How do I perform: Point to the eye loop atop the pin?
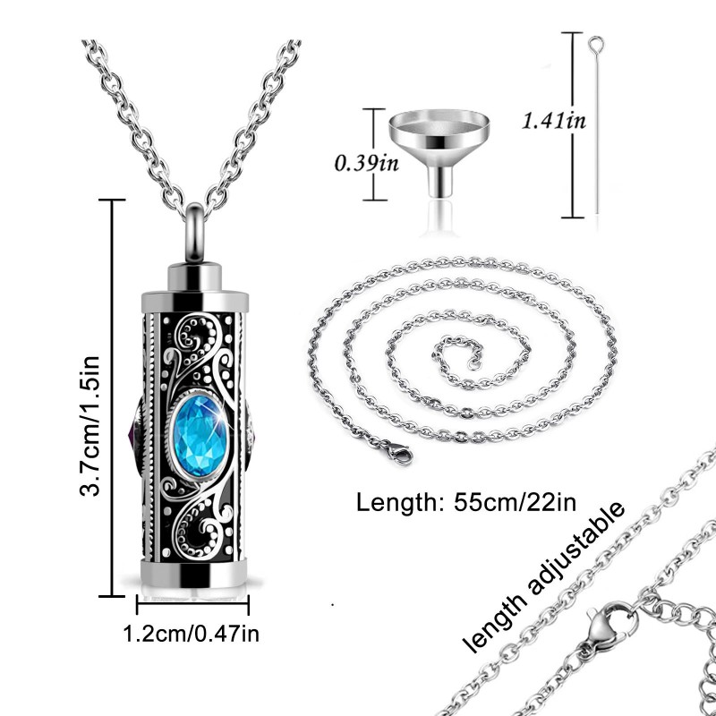pyautogui.click(x=596, y=42)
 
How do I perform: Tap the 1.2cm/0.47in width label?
pyautogui.click(x=192, y=635)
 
